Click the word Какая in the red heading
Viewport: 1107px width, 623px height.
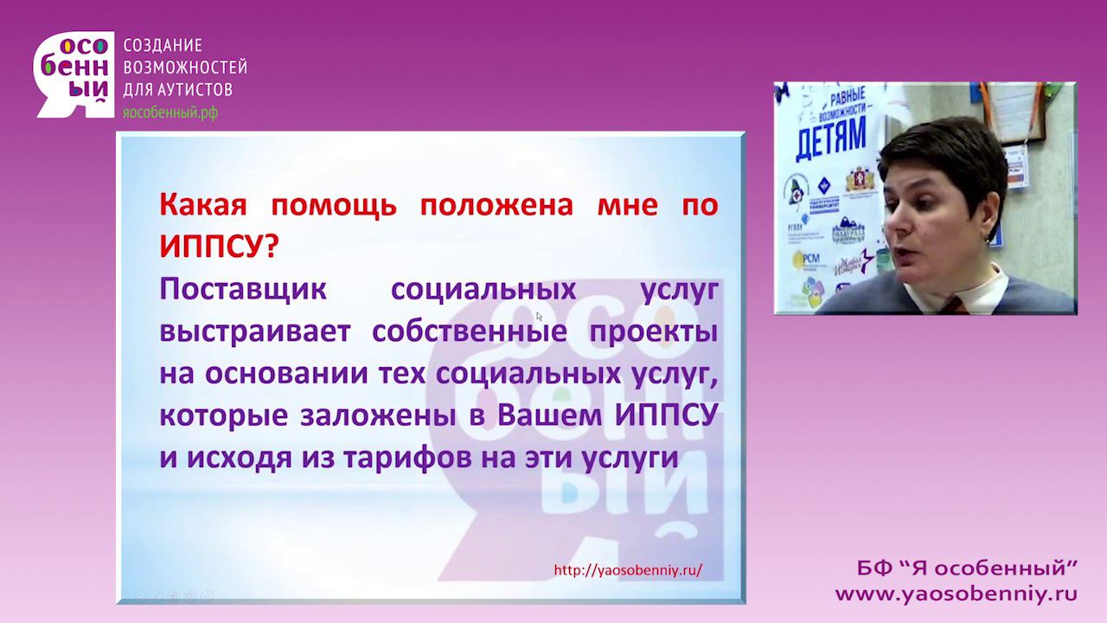203,205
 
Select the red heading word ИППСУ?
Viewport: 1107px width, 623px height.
219,247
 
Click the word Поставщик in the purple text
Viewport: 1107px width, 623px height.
243,290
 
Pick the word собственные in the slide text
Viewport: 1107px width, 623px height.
463,332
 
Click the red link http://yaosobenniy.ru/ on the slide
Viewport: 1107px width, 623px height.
628,570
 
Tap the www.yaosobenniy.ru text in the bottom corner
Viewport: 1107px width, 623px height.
956,594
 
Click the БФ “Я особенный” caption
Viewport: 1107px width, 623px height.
967,568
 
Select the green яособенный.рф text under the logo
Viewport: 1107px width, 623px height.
170,112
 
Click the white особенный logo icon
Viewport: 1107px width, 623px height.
74,74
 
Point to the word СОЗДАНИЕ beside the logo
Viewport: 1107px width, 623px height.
163,46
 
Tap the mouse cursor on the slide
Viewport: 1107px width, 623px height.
539,317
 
